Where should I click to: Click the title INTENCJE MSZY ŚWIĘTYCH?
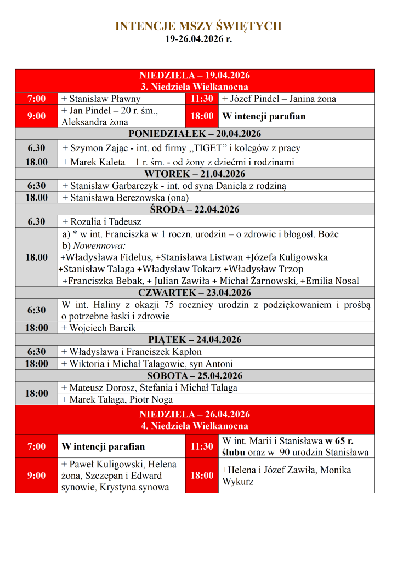point(198,26)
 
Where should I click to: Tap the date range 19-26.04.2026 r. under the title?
point(198,39)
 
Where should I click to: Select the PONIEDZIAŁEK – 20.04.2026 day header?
point(195,134)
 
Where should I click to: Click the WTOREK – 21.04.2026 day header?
point(195,174)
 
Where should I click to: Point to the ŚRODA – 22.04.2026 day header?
point(195,210)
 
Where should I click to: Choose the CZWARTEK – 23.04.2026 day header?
point(195,293)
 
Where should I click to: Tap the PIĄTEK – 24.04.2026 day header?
point(195,340)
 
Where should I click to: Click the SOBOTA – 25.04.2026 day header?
point(195,376)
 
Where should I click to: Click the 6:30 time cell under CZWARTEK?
point(37,311)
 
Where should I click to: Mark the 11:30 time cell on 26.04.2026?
point(202,446)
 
